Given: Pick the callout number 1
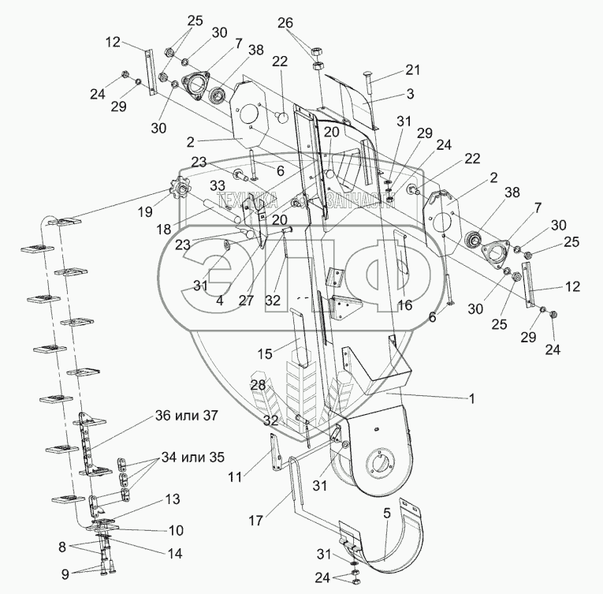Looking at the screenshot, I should tap(471, 399).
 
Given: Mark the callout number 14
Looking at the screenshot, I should tap(176, 554).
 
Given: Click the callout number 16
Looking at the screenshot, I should tap(405, 304).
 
